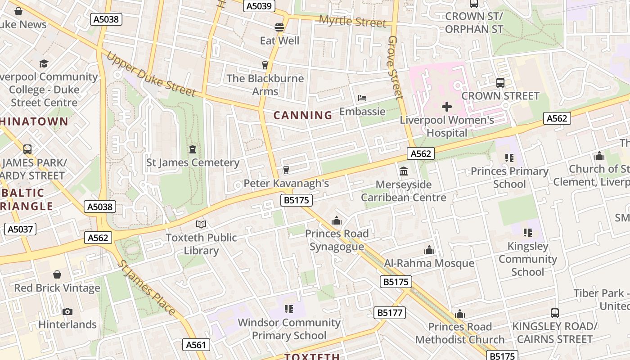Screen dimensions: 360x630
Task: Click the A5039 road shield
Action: point(259,6)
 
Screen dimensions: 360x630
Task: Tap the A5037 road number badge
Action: point(20,229)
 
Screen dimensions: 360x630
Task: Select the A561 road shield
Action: point(197,345)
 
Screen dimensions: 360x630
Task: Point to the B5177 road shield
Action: point(389,313)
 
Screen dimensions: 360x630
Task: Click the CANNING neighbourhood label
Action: point(303,115)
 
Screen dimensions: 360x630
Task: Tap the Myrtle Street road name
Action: point(352,21)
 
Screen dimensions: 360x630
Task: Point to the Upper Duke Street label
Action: point(151,75)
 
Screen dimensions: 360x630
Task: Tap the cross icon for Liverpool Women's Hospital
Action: point(446,107)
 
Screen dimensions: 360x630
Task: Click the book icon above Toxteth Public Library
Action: point(201,224)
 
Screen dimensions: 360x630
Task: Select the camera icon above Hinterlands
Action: point(67,311)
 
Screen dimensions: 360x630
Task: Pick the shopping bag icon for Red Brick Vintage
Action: point(57,274)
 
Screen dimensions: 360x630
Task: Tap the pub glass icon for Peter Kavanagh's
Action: point(286,170)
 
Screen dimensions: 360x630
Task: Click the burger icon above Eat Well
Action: point(279,27)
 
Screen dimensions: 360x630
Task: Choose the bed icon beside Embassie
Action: point(362,98)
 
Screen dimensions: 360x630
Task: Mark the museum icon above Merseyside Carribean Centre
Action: point(404,171)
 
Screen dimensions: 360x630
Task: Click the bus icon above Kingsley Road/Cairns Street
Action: point(555,313)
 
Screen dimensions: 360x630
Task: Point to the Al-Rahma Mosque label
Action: point(429,263)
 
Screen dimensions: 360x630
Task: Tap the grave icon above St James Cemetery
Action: point(193,149)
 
